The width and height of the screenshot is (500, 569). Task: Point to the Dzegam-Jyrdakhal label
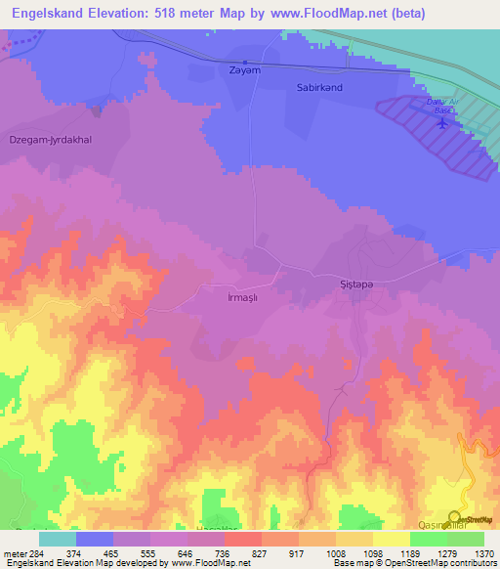click(51, 138)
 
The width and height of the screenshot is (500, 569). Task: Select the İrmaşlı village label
click(241, 297)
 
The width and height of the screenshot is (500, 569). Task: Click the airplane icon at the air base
click(444, 123)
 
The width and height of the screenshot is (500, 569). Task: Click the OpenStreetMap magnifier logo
click(454, 518)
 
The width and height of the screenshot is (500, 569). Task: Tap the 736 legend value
click(221, 553)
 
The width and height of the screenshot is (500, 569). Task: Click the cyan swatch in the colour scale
click(58, 539)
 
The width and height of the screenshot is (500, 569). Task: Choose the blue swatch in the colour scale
click(95, 539)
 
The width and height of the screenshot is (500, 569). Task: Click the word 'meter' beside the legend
click(14, 553)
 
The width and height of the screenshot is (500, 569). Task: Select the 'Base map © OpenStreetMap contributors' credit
click(413, 563)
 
